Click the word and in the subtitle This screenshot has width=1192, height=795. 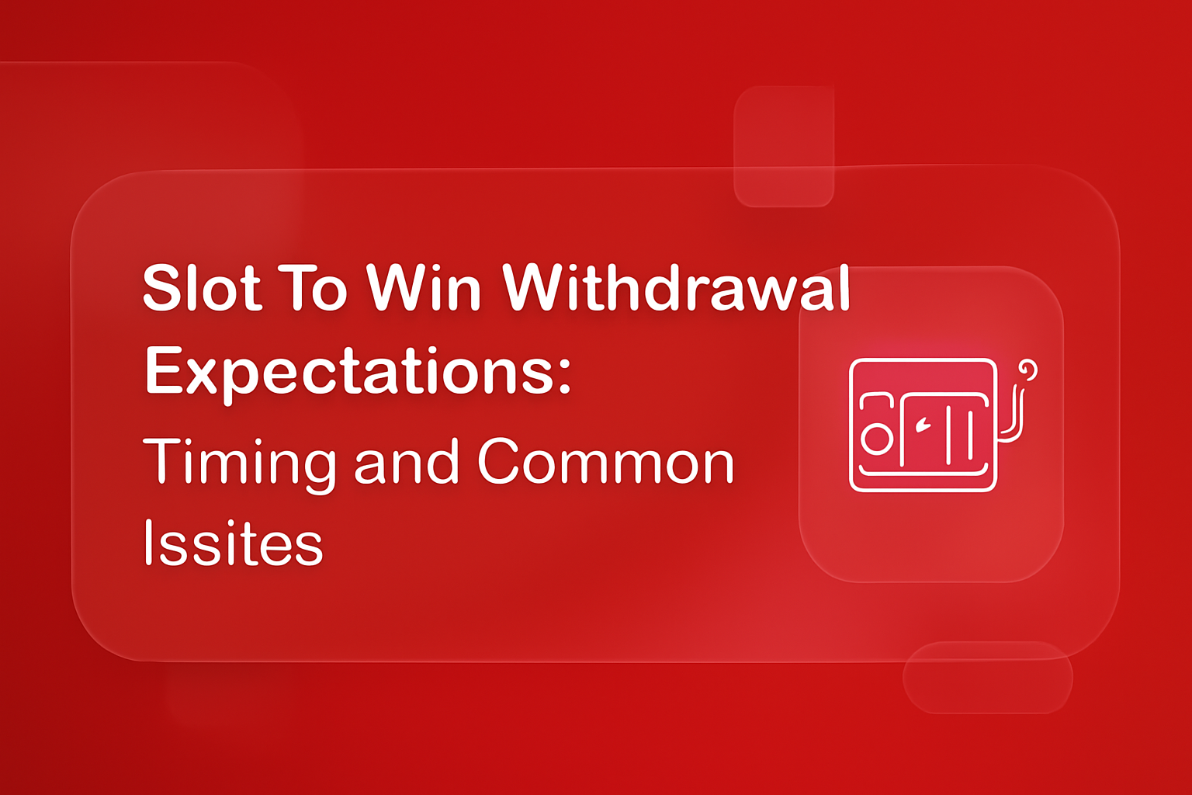(406, 463)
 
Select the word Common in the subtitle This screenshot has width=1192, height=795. (605, 463)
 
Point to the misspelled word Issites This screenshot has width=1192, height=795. (233, 543)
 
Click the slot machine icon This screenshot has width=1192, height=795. (931, 425)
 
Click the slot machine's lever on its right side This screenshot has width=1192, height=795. (1014, 415)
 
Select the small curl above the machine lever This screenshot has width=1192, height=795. (1028, 370)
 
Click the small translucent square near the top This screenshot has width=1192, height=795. (784, 147)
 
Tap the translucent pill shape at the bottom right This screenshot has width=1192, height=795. (987, 677)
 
